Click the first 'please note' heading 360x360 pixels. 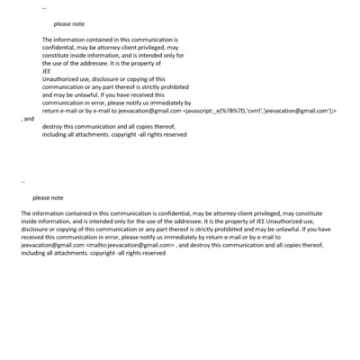[x=68, y=24]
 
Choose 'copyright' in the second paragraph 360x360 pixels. [x=104, y=253]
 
